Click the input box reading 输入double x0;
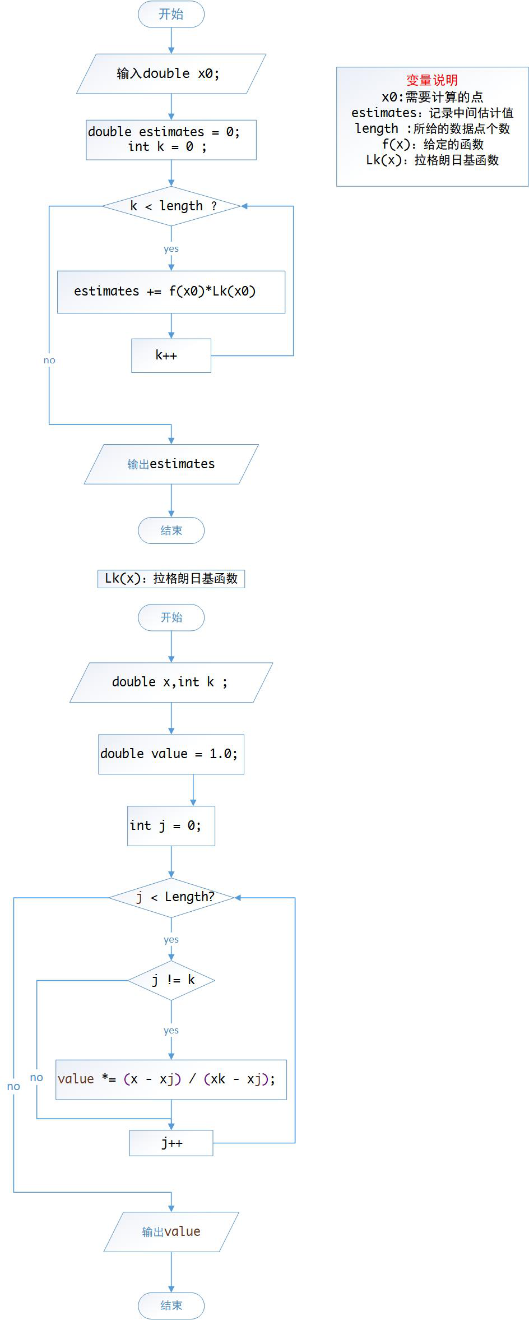(171, 73)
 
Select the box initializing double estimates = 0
(171, 140)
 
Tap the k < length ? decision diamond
(171, 206)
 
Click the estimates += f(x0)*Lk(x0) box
(171, 292)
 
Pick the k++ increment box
(171, 355)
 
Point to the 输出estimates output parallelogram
(171, 464)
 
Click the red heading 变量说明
(432, 80)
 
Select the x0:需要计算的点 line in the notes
(432, 96)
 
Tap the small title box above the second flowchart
(171, 578)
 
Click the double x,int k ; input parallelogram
(171, 682)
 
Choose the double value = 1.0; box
(171, 754)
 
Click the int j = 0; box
(171, 825)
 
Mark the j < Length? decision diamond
(171, 897)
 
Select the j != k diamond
(171, 980)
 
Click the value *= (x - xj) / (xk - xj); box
(171, 1079)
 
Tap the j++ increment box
(171, 1143)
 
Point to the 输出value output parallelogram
(171, 1231)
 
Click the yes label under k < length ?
(171, 248)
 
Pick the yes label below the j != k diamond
(171, 1030)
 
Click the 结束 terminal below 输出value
(171, 1305)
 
